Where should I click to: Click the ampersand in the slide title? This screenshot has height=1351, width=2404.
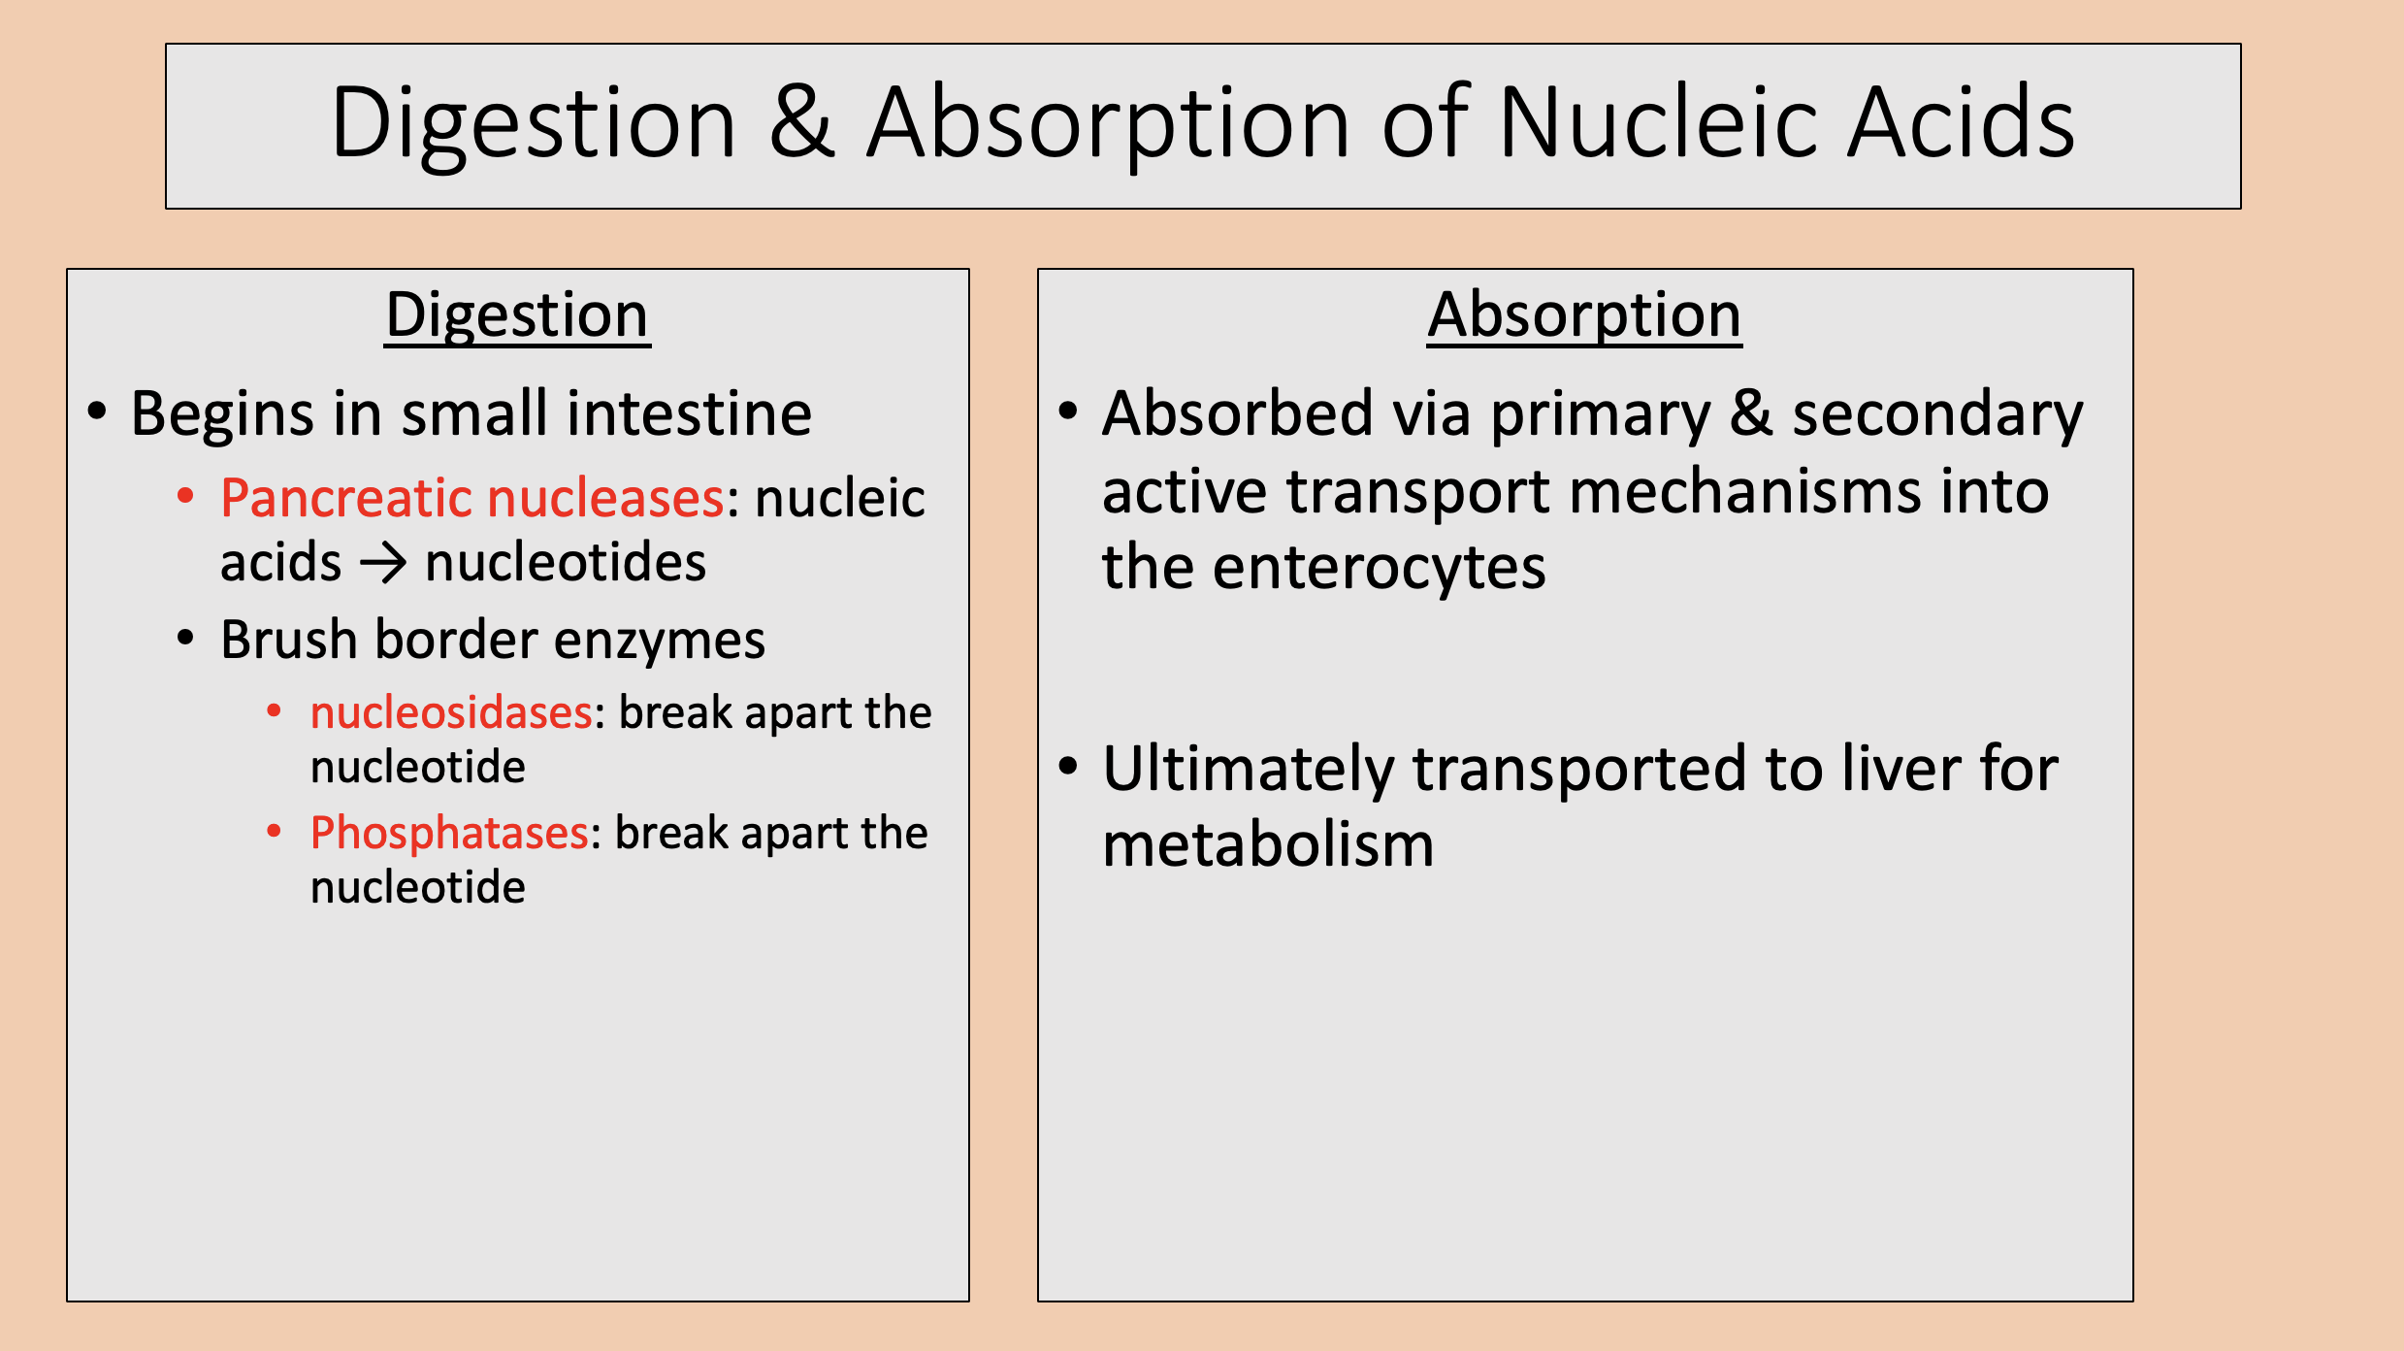pos(801,124)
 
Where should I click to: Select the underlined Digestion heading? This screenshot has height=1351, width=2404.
pos(517,315)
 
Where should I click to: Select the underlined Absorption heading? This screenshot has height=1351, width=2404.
pos(1584,315)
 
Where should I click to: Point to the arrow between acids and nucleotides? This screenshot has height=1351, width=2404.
pos(383,564)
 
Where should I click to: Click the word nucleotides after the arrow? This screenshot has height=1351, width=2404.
pos(566,563)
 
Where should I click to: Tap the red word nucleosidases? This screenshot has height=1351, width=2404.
pos(451,713)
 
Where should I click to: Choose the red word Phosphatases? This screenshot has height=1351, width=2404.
pos(449,834)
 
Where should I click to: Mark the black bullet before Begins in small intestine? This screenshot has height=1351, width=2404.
pos(97,412)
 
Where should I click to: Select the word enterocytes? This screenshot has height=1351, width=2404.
pos(1379,568)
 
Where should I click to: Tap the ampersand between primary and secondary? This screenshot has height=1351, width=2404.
pos(1751,413)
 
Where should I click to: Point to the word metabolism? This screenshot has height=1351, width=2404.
pos(1268,844)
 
